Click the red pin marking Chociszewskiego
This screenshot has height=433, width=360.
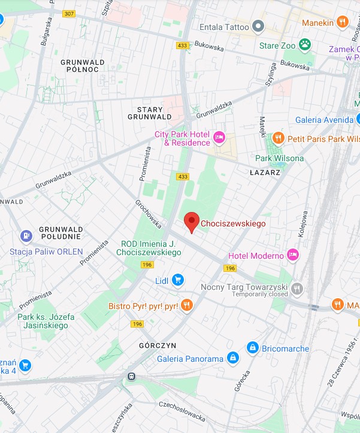click(x=191, y=222)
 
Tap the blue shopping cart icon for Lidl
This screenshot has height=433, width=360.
click(x=177, y=280)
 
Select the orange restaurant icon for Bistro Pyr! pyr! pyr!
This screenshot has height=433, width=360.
click(x=186, y=305)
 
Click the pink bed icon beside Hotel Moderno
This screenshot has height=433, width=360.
click(x=293, y=255)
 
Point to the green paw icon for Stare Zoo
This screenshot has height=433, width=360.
click(x=305, y=44)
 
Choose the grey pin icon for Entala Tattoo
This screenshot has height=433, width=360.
click(x=258, y=25)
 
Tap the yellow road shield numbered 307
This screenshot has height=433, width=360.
click(x=69, y=14)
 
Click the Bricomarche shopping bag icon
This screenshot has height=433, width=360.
click(x=253, y=348)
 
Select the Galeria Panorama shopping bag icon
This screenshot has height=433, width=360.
click(x=233, y=359)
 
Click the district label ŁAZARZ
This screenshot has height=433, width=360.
click(x=265, y=172)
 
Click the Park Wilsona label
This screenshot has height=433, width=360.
click(x=279, y=158)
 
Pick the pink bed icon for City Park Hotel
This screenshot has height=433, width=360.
click(x=219, y=138)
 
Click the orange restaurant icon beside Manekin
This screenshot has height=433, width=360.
click(x=343, y=22)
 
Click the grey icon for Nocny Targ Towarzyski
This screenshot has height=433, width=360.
click(x=297, y=290)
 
